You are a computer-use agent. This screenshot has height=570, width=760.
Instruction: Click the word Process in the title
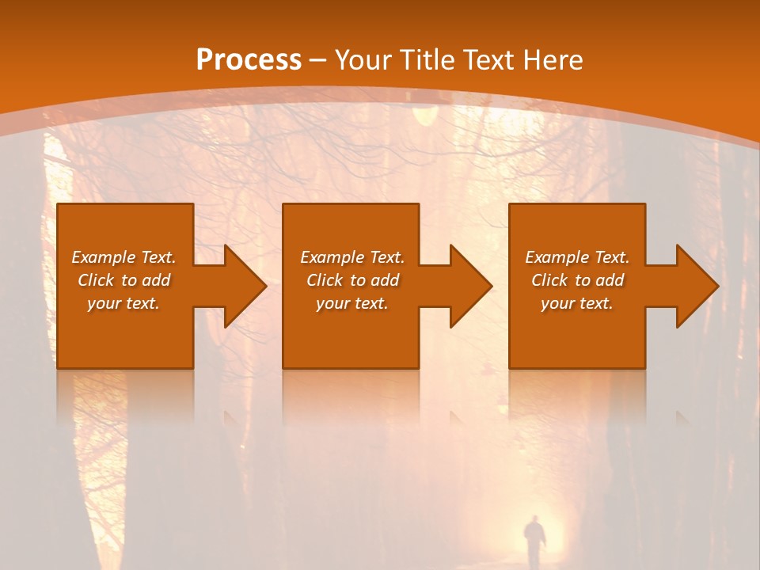pyautogui.click(x=249, y=59)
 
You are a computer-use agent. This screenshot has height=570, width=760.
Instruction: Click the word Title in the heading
pyautogui.click(x=429, y=60)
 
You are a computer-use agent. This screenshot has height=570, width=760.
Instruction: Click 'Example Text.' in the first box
pyautogui.click(x=123, y=257)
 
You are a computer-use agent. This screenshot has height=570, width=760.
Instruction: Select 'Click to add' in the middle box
pyautogui.click(x=352, y=280)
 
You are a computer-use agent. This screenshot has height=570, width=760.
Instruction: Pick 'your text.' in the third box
pyautogui.click(x=576, y=303)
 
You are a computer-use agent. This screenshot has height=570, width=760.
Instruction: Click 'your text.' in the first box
pyautogui.click(x=123, y=303)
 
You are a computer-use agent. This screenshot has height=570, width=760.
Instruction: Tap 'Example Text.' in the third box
pyautogui.click(x=576, y=257)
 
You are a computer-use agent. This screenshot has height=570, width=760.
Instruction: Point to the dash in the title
pyautogui.click(x=318, y=60)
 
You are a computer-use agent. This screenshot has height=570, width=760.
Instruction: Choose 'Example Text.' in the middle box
pyautogui.click(x=352, y=257)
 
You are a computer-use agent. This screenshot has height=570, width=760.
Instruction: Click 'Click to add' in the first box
pyautogui.click(x=123, y=280)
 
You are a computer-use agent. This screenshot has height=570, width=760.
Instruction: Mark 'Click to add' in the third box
pyautogui.click(x=576, y=280)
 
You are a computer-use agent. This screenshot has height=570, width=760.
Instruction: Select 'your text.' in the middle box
pyautogui.click(x=352, y=303)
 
